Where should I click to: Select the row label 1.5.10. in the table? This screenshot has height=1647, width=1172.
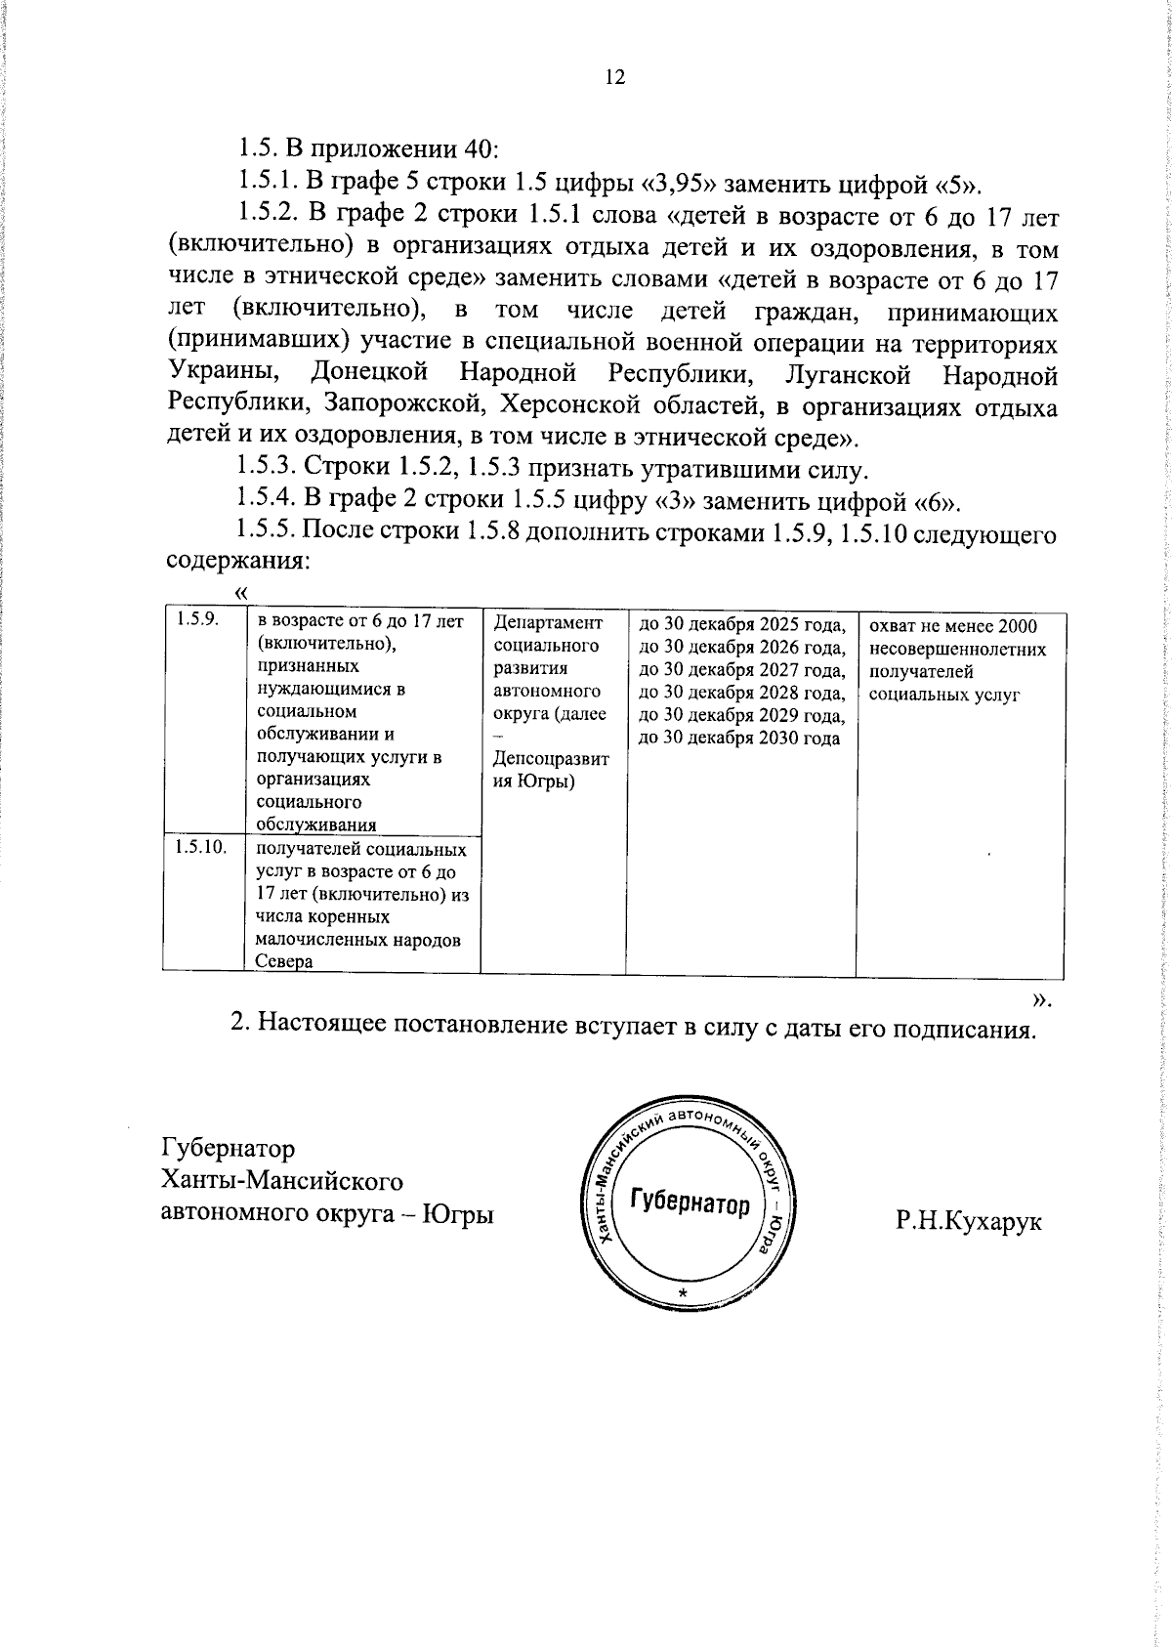tap(200, 846)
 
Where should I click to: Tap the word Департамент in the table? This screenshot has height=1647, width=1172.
tap(548, 622)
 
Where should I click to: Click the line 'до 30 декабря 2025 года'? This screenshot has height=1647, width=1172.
tap(740, 624)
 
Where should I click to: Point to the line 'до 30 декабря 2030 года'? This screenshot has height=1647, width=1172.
tap(738, 738)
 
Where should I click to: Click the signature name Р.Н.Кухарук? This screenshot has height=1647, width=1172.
tap(969, 1221)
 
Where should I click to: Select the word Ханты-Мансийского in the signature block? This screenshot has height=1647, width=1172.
tap(281, 1181)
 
